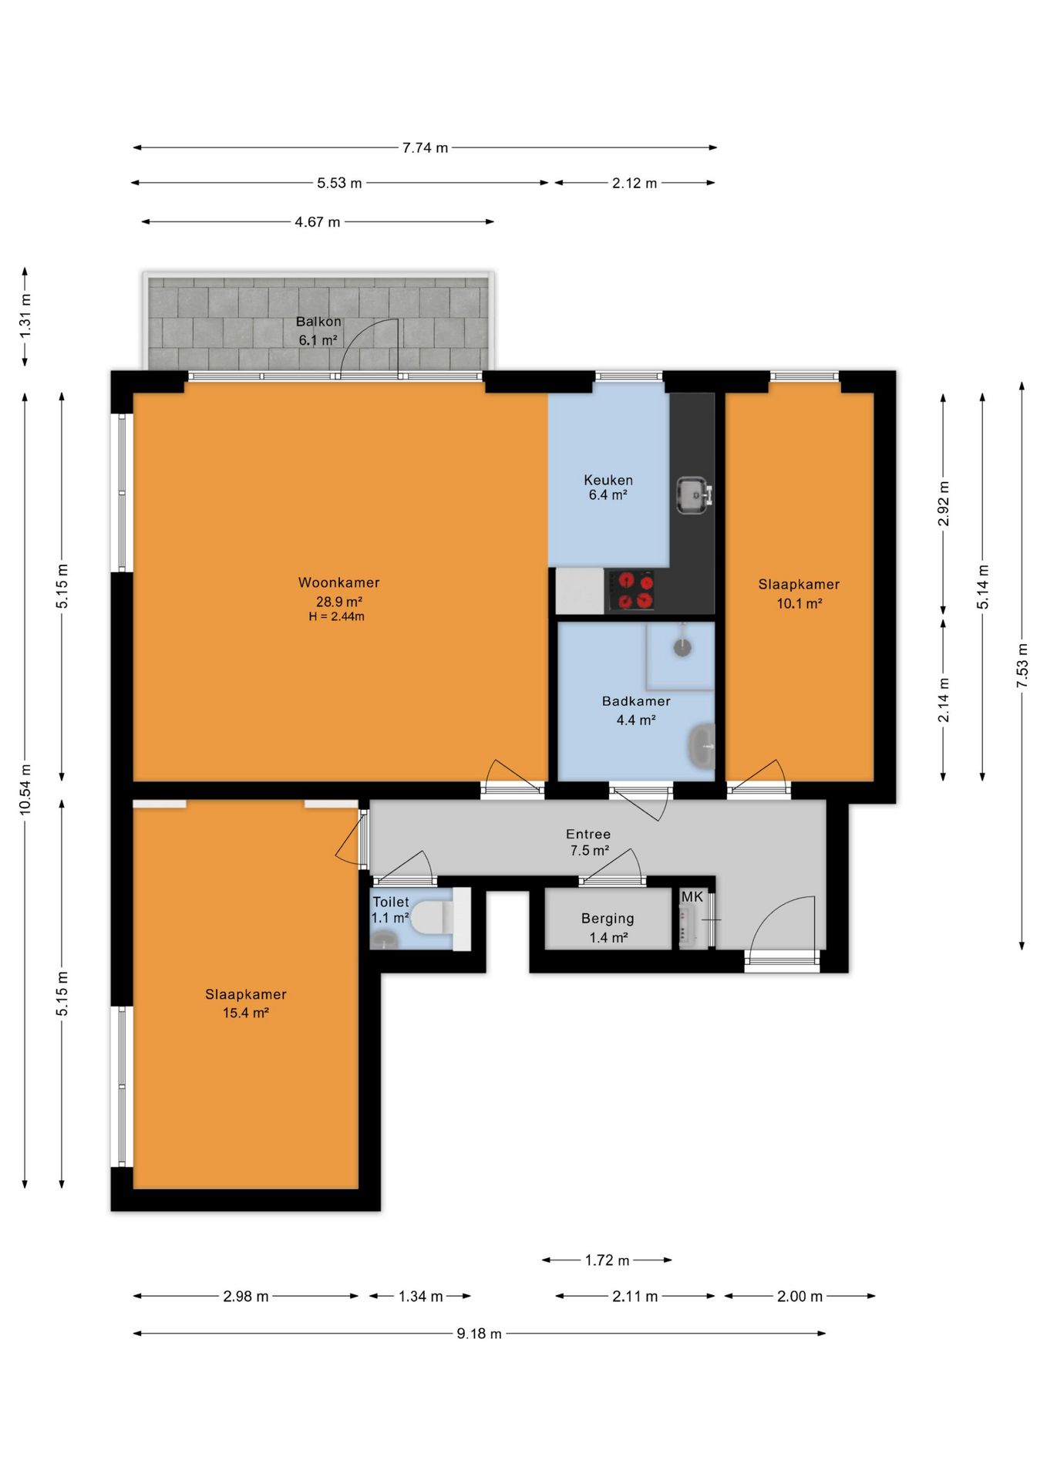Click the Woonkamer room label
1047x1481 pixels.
tap(338, 582)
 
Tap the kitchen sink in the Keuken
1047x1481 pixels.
tap(694, 494)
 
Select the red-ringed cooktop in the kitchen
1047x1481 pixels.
tap(635, 591)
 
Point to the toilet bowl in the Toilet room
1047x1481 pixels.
tap(431, 919)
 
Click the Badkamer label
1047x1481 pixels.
tap(636, 701)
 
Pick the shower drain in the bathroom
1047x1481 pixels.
tap(682, 646)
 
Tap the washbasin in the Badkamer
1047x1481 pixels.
tap(701, 746)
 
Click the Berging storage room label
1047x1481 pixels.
tap(608, 919)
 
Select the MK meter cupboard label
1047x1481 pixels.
tap(692, 896)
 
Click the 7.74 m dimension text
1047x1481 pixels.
tap(425, 147)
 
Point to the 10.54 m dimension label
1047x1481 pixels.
tap(25, 789)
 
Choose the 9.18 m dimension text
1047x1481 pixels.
tap(479, 1334)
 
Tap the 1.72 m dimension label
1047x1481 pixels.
tap(607, 1260)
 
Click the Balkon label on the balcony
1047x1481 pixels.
tap(318, 322)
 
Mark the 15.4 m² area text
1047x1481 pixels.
tap(246, 1013)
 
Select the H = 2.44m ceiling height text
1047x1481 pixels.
tap(337, 616)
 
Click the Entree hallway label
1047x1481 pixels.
tap(588, 834)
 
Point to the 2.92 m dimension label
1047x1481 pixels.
tap(944, 504)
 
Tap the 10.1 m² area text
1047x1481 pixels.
tap(800, 603)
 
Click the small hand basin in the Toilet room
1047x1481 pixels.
tap(384, 939)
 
